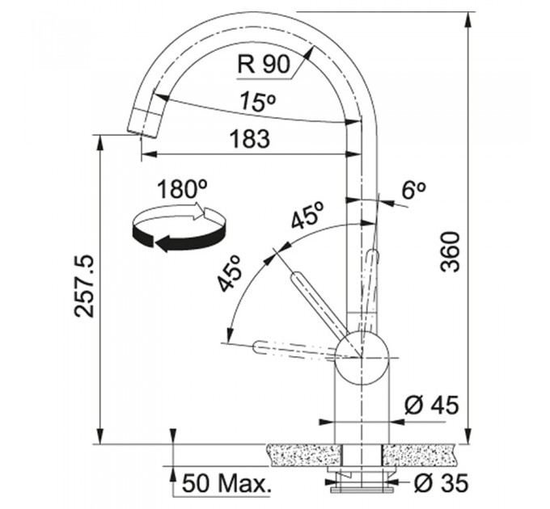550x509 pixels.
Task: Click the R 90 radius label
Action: [x=264, y=64]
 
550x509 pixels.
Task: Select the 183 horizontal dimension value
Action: [x=250, y=138]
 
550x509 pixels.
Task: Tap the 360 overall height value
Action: [x=450, y=251]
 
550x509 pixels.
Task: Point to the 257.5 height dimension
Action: [x=84, y=286]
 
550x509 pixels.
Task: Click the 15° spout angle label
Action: [x=258, y=102]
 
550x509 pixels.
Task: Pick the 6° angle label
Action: [x=413, y=190]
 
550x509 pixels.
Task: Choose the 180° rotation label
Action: [x=182, y=189]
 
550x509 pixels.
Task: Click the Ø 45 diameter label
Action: [x=431, y=406]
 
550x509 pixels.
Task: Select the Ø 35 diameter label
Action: [x=441, y=482]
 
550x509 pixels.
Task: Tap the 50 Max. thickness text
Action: [x=227, y=483]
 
